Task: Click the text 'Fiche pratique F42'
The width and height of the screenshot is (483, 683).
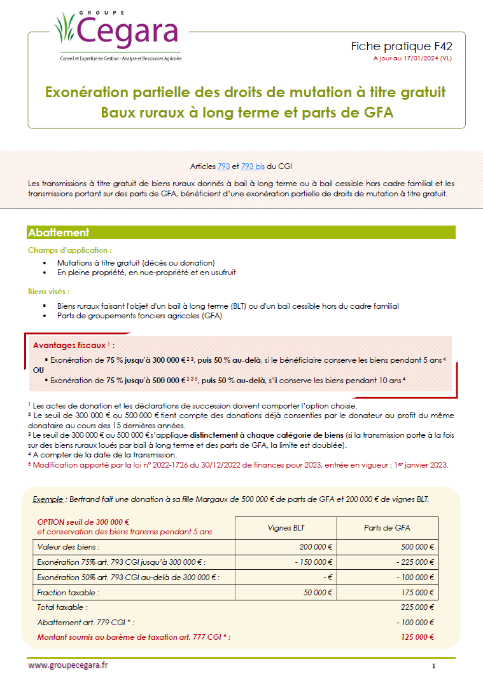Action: coord(402,46)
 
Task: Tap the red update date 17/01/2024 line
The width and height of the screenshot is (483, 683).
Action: coord(412,58)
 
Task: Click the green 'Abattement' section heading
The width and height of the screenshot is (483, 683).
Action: coord(59,233)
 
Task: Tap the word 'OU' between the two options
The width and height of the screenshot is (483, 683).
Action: coord(38,369)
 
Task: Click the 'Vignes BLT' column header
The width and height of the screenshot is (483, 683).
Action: coord(286,527)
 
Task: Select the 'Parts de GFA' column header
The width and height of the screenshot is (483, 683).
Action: coord(387,527)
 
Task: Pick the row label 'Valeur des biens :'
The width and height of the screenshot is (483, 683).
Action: coord(69,546)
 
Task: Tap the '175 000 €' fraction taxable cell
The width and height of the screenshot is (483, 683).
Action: coord(418,592)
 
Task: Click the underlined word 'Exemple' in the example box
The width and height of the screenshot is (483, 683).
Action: coord(48,499)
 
